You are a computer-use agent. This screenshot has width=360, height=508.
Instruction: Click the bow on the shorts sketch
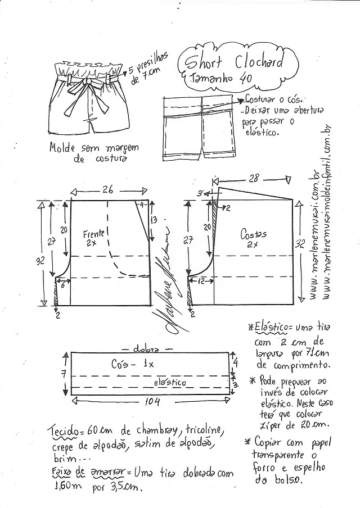click(x=88, y=84)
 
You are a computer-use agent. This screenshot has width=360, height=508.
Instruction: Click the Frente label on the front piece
click(x=93, y=233)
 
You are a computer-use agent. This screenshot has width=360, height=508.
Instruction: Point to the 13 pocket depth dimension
click(x=154, y=220)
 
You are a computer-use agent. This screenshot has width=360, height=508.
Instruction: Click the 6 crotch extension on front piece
click(x=62, y=285)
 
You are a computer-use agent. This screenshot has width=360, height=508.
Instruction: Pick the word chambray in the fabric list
click(x=149, y=431)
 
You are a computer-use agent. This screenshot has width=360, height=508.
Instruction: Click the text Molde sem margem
click(x=84, y=149)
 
